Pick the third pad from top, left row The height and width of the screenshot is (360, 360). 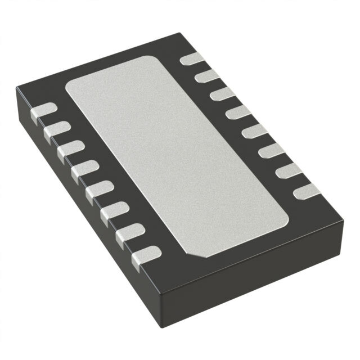click(x=71, y=150)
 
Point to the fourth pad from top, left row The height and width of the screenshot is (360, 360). click(x=85, y=169)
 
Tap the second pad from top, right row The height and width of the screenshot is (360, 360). click(x=208, y=75)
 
